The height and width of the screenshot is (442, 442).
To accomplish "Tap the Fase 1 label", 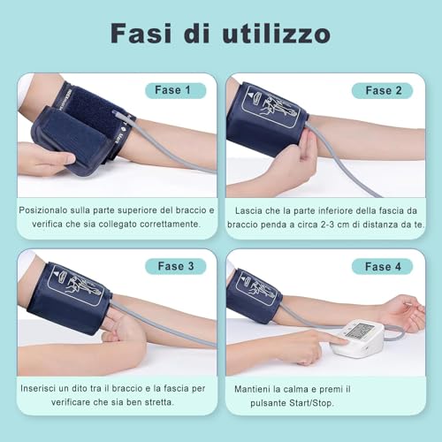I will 174,90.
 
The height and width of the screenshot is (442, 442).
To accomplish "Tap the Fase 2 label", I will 382,90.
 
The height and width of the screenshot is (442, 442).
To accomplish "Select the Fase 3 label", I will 174,266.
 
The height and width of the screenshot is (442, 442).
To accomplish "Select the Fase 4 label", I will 382,266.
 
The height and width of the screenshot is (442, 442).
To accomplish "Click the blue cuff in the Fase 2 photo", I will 265,119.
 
